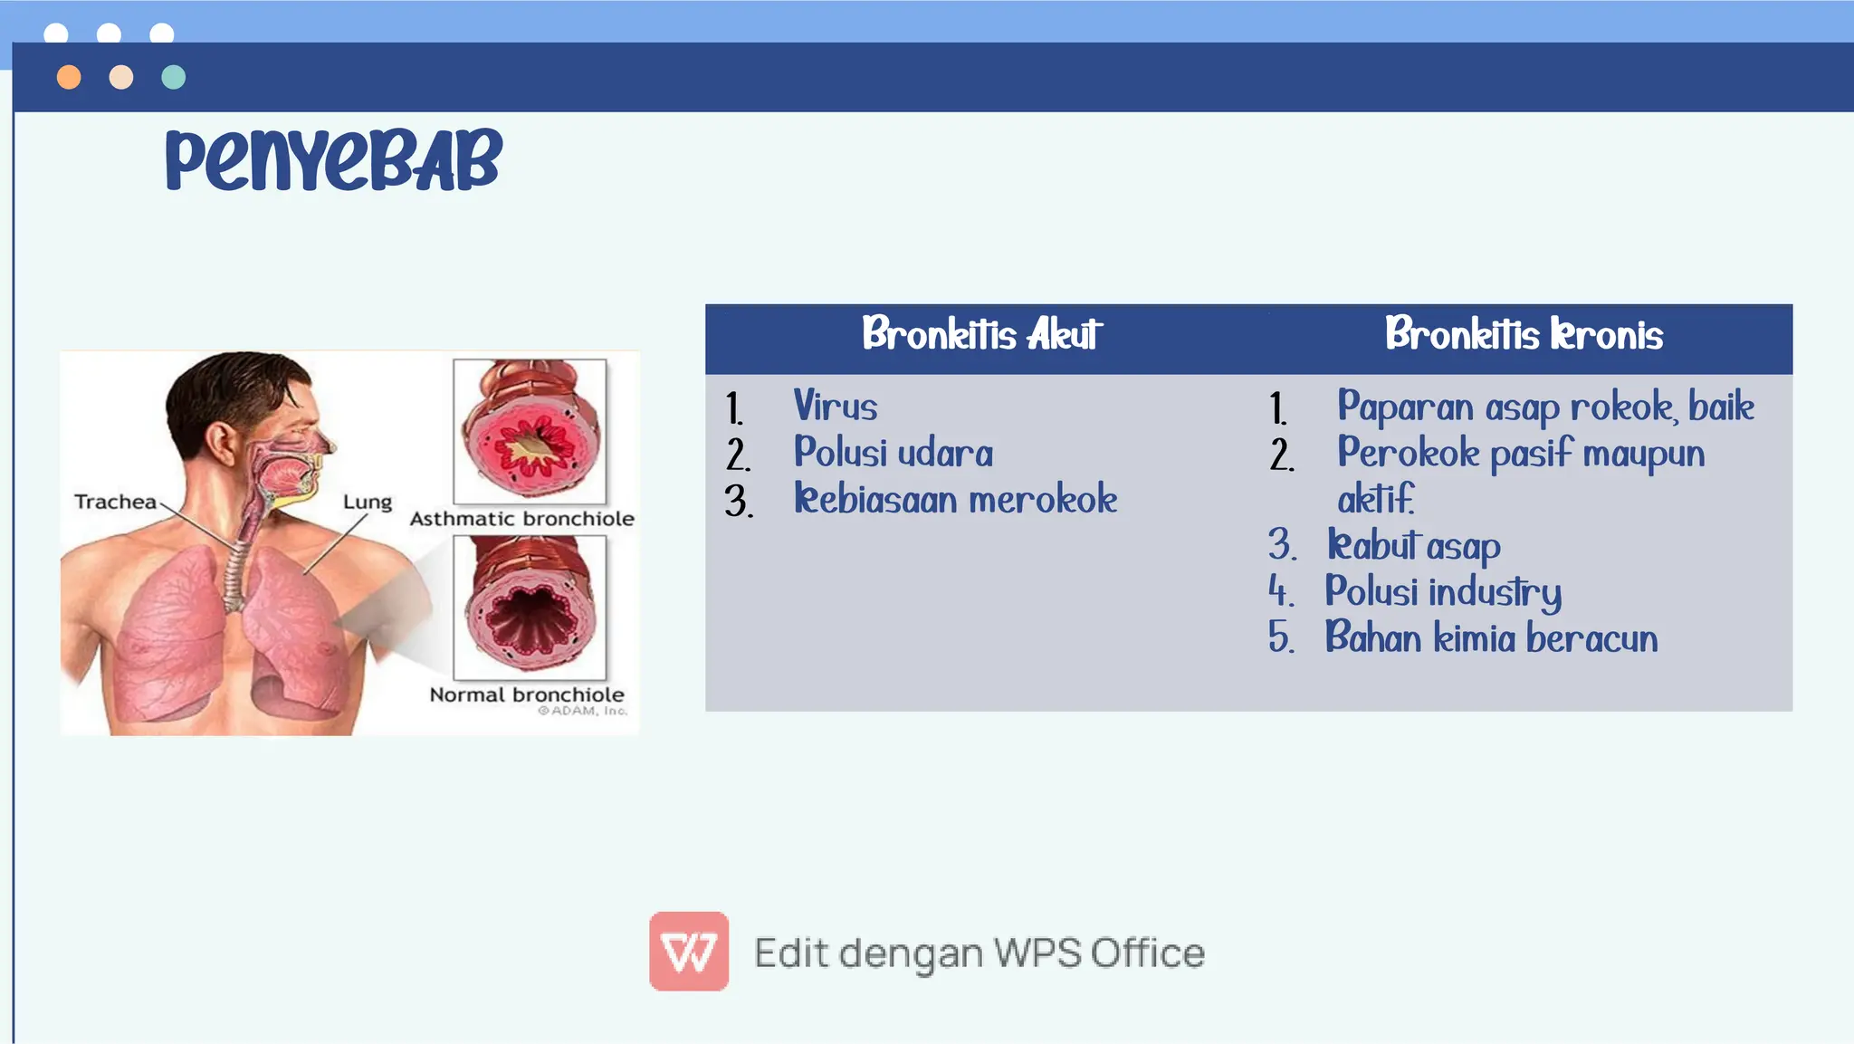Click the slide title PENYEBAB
click(x=333, y=160)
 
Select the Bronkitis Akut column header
click(x=981, y=335)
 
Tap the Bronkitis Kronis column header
click(x=1524, y=335)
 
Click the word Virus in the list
click(x=835, y=407)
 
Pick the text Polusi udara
click(x=893, y=453)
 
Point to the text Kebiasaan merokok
click(x=955, y=500)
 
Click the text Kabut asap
click(x=1413, y=546)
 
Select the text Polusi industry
click(x=1443, y=592)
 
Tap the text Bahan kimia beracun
click(x=1491, y=638)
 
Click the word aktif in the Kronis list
click(x=1375, y=500)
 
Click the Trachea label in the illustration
click(x=115, y=502)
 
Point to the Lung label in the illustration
click(x=367, y=502)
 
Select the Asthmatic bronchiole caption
click(x=521, y=519)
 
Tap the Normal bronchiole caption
click(x=526, y=694)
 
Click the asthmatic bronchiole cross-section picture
click(x=530, y=431)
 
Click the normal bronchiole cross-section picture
click(x=530, y=607)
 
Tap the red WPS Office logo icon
click(x=689, y=951)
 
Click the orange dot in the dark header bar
click(x=69, y=77)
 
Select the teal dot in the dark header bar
click(x=173, y=77)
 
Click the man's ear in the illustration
click(x=220, y=443)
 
